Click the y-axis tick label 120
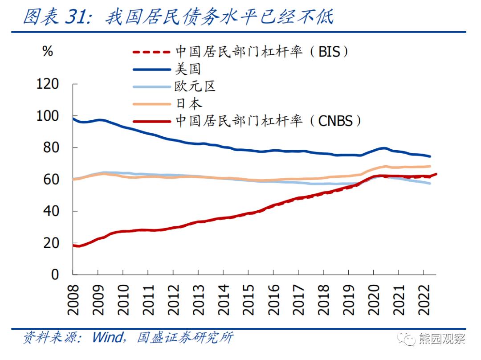48,84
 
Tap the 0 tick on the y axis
55,274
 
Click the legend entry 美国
188,69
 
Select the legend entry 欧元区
195,86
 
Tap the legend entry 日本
188,104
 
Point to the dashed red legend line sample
151,52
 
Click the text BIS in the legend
329,52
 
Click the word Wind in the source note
107,338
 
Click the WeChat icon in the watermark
407,340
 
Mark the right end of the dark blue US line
430,156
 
